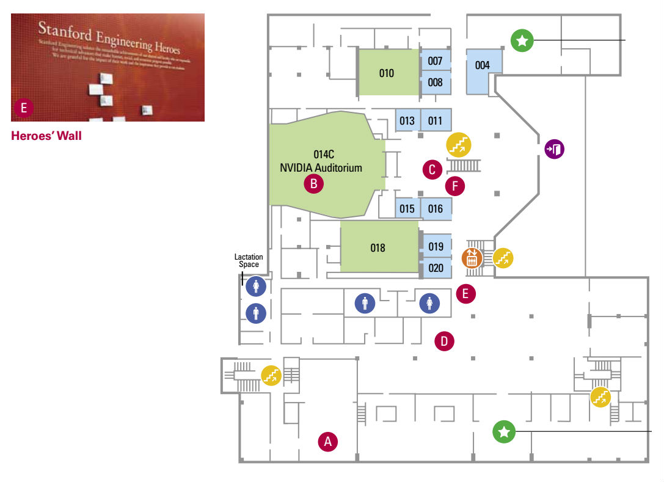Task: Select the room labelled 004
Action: (x=483, y=65)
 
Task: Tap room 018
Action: (x=378, y=247)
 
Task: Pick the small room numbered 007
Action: (x=435, y=61)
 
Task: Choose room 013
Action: (x=407, y=120)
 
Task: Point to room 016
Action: (x=435, y=209)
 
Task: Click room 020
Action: (x=436, y=268)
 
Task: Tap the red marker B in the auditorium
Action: (x=313, y=182)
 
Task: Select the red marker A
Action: (x=328, y=441)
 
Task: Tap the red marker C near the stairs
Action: (x=432, y=169)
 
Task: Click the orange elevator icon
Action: (x=472, y=258)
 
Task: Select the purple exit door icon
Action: (x=555, y=148)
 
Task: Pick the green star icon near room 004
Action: (x=522, y=41)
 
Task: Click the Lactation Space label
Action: (x=249, y=261)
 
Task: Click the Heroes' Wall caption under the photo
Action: (x=46, y=136)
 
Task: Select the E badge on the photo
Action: (x=24, y=108)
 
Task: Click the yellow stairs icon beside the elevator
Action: (x=503, y=258)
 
